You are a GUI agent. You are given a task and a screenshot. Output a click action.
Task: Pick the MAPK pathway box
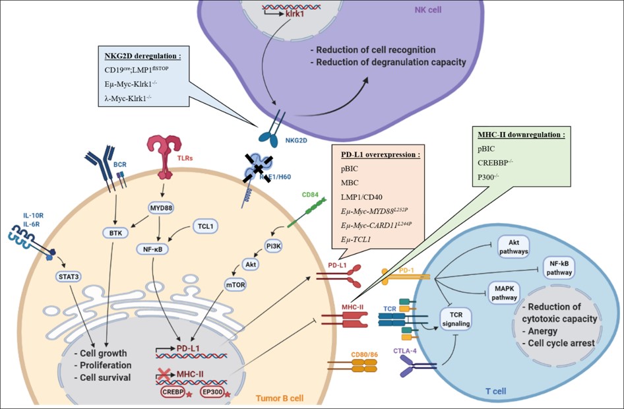tap(504, 292)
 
